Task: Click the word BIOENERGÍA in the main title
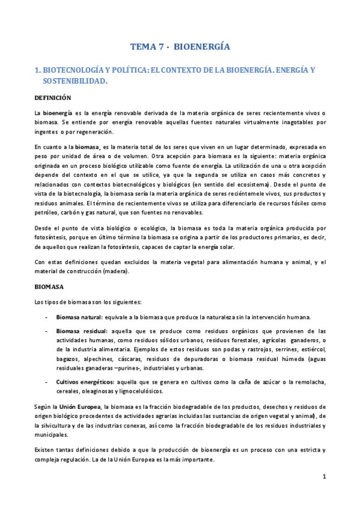[x=206, y=46]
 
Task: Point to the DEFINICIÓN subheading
[x=52, y=97]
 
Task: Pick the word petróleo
[x=47, y=212]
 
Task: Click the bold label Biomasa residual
[x=81, y=331]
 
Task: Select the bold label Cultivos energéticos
[x=85, y=382]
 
